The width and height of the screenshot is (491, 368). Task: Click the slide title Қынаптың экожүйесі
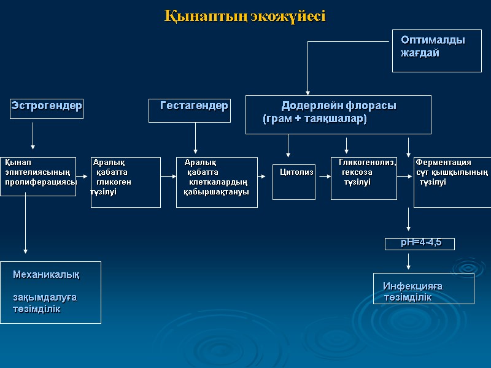[245, 16]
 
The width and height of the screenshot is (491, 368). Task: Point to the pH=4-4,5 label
[420, 243]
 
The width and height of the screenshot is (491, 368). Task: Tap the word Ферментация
[443, 163]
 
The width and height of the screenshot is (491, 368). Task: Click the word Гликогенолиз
[367, 163]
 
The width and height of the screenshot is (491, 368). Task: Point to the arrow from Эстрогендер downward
[33, 135]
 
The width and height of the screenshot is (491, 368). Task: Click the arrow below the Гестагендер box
[196, 138]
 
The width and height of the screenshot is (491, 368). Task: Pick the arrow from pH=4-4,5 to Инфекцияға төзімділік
[408, 261]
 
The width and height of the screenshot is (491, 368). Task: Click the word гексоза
[357, 172]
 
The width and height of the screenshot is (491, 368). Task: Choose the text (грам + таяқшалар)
[314, 119]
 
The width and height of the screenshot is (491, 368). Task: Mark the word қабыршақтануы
[216, 192]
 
